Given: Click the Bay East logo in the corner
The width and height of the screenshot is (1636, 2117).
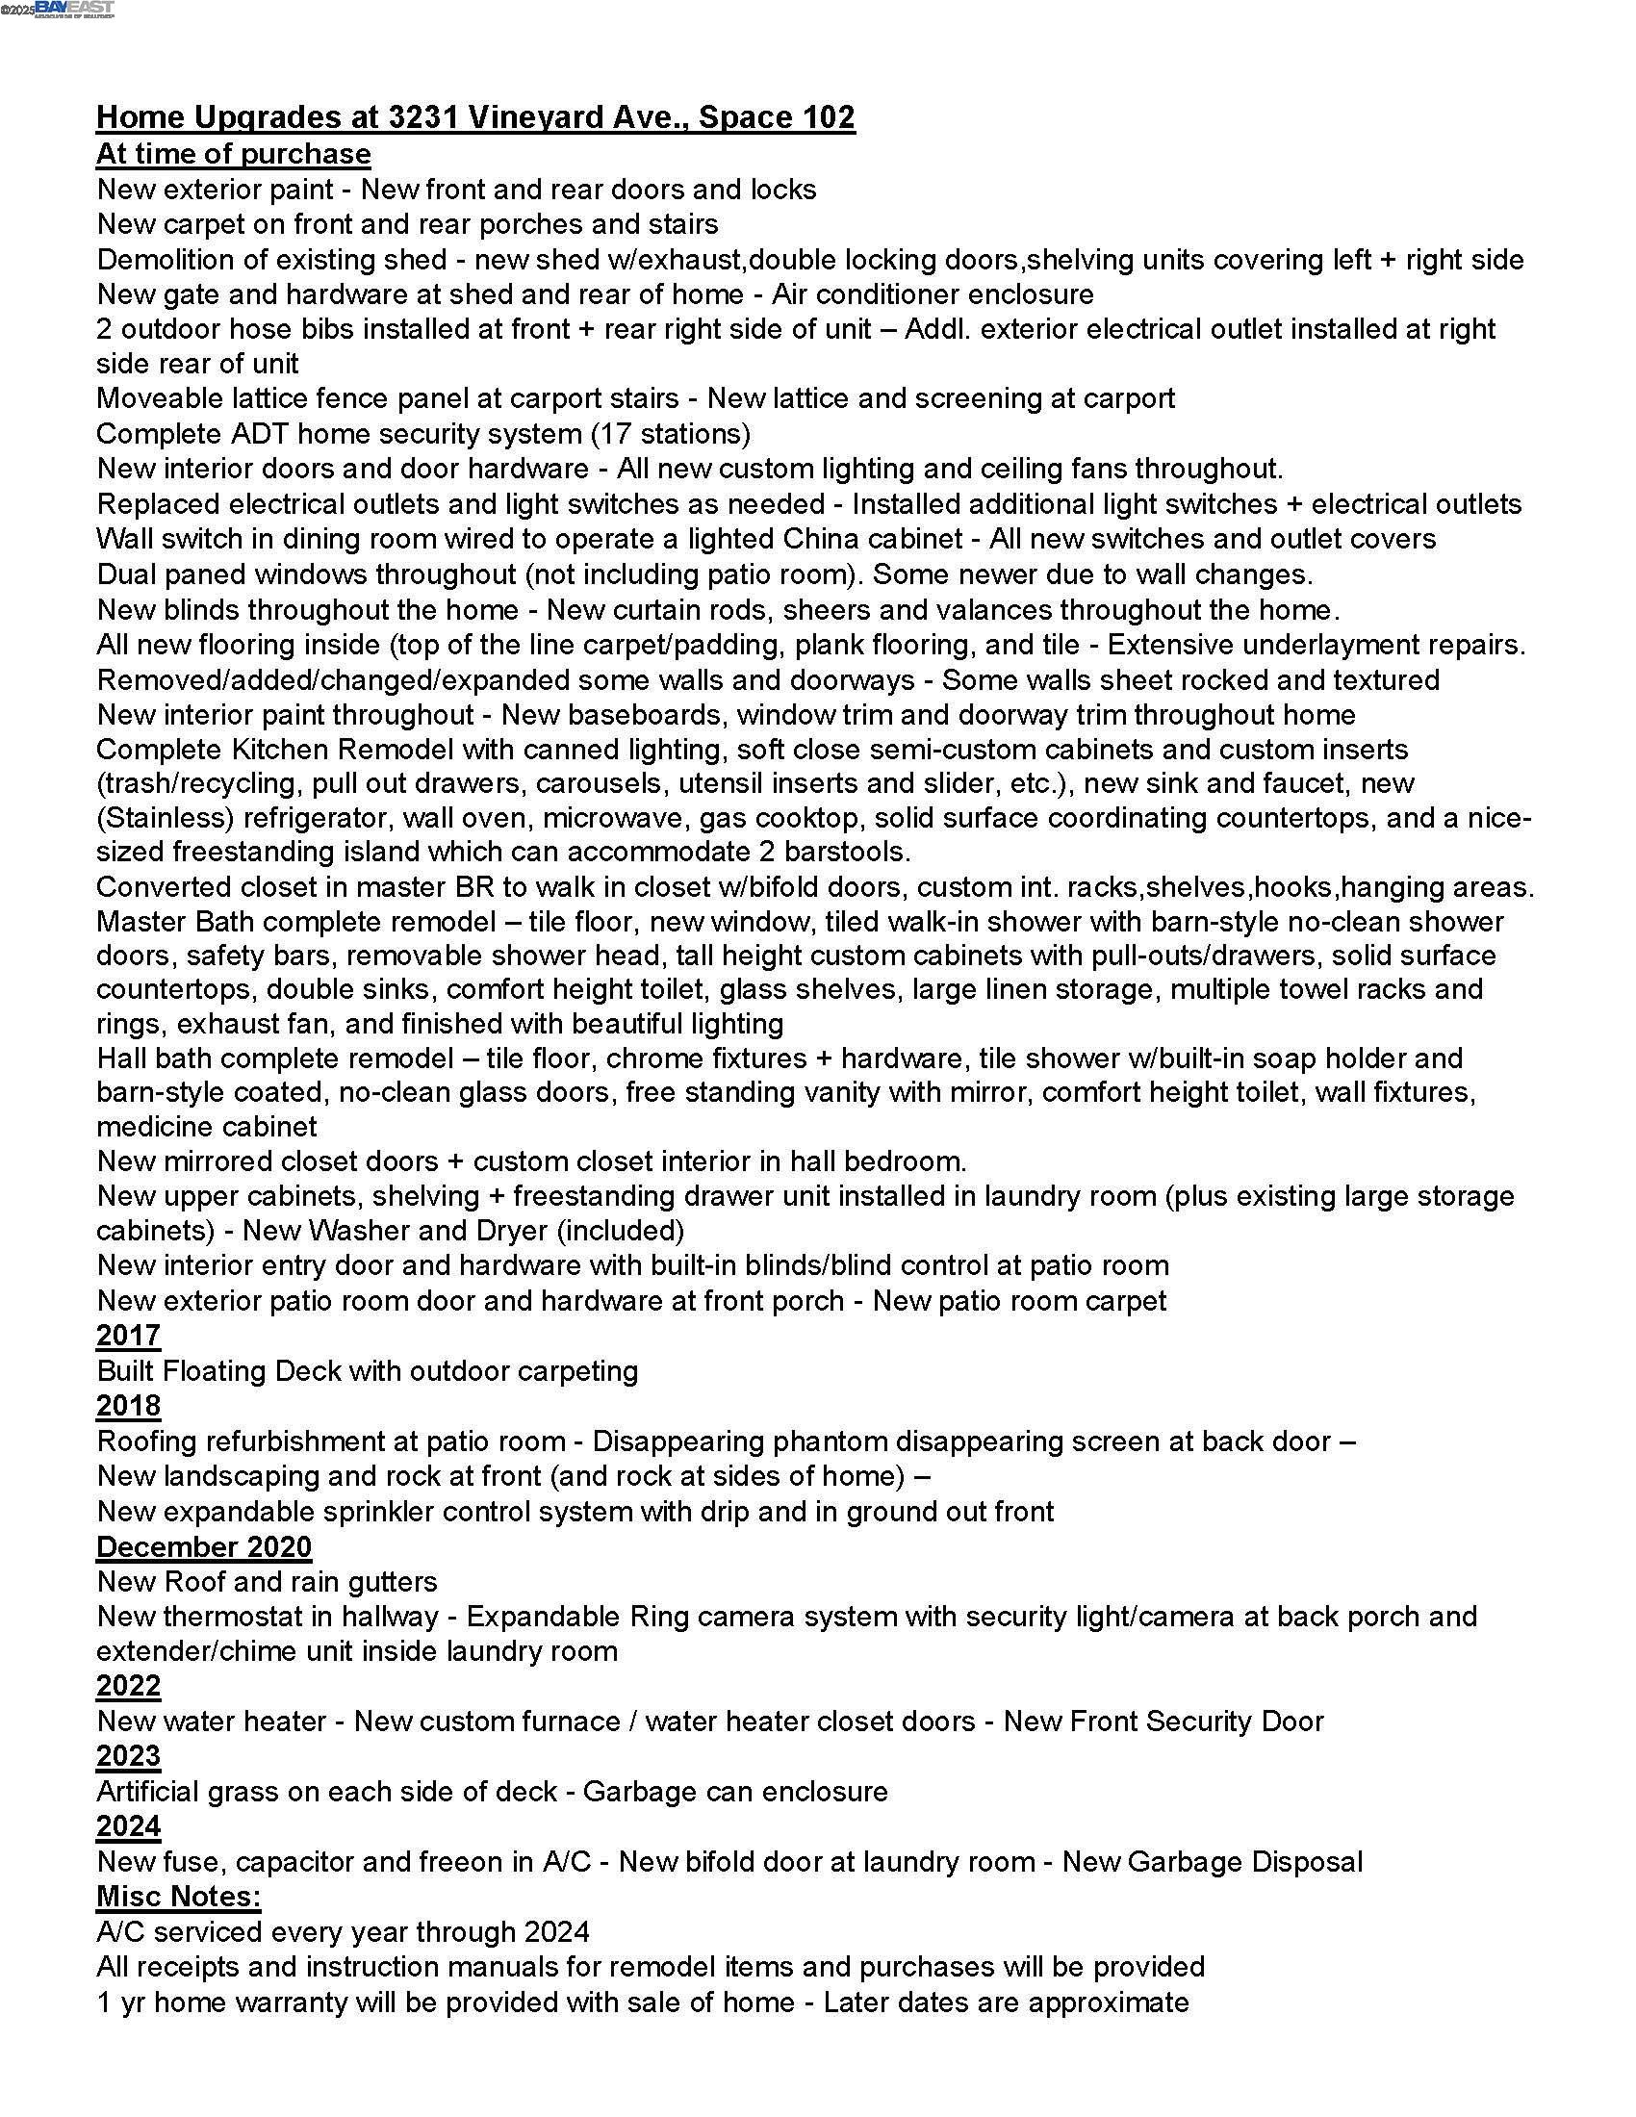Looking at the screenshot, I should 74,9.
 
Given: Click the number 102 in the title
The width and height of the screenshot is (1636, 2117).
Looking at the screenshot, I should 827,117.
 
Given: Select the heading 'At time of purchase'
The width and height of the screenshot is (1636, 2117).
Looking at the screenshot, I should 233,154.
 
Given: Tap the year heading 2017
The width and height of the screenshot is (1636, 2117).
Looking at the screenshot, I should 128,1336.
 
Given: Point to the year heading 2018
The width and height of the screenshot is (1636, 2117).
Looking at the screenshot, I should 128,1406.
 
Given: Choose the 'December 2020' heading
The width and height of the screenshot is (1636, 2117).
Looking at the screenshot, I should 203,1546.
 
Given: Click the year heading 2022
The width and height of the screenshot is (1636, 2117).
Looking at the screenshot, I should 128,1686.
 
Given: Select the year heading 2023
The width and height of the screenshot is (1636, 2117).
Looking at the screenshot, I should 128,1755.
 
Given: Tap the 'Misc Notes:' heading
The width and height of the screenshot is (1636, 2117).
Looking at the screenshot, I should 178,1896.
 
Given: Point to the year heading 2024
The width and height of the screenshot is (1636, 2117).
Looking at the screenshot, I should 128,1826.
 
